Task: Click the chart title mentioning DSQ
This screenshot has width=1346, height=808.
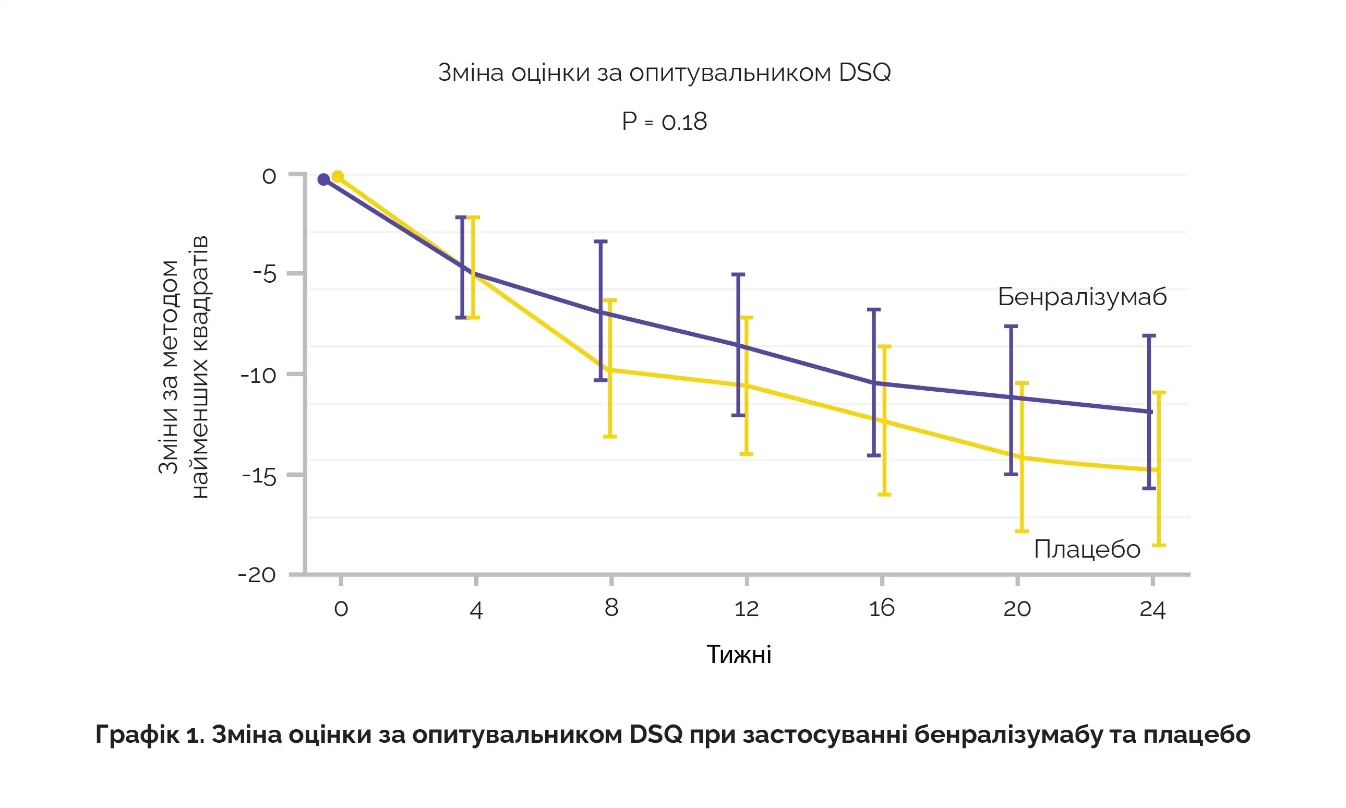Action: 664,73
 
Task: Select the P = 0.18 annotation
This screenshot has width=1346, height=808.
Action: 664,122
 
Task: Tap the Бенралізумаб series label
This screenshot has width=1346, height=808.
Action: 1082,297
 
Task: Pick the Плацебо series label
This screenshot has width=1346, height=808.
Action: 1087,549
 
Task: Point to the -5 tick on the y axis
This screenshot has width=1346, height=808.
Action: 265,274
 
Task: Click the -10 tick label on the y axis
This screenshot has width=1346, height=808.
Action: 258,375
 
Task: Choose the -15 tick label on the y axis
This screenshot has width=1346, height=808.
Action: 259,476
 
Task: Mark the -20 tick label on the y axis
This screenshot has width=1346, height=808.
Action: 257,575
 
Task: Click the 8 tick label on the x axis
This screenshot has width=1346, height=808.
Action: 611,608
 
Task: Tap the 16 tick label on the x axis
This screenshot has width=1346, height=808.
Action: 882,608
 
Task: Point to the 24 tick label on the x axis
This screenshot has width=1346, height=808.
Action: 1152,609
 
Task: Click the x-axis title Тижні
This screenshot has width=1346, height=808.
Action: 738,655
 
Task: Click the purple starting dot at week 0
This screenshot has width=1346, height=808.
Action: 323,179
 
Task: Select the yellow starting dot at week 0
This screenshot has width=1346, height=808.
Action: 338,176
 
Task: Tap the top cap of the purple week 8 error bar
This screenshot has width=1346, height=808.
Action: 600,241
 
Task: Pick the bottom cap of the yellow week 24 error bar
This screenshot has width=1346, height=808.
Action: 1159,545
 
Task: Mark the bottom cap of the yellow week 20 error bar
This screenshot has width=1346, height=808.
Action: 1022,531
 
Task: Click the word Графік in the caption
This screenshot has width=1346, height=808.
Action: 137,734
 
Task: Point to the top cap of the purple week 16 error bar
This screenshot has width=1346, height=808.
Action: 874,309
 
